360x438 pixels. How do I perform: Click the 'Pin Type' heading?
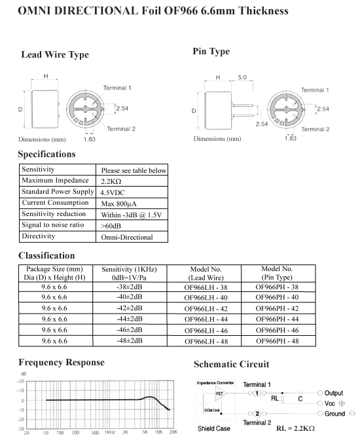(x=211, y=52)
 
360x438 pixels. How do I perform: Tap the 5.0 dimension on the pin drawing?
(x=242, y=77)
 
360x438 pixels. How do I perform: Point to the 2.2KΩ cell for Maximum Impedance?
(x=111, y=181)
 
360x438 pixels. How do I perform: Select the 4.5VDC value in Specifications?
(x=113, y=192)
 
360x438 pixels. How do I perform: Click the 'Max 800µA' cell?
(x=118, y=204)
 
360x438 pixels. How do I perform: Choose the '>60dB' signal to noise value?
(x=111, y=226)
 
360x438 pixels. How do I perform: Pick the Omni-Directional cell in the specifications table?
(x=127, y=237)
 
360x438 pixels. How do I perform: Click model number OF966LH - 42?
(x=206, y=308)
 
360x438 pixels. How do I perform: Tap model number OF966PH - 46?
(x=278, y=330)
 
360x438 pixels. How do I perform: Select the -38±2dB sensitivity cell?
(x=130, y=287)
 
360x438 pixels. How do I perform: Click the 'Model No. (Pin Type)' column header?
(x=277, y=273)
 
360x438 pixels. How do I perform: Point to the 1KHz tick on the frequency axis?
(x=110, y=432)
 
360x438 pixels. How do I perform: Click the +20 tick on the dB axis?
(x=20, y=381)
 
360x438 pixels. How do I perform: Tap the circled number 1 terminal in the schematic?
(x=257, y=393)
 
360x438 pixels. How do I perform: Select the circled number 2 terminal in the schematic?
(x=257, y=414)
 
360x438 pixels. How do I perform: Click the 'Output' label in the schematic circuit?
(x=333, y=393)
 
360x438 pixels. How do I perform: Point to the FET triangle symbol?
(x=221, y=393)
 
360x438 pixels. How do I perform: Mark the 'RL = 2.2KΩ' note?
(x=295, y=428)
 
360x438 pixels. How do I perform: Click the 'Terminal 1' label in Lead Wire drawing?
(x=117, y=88)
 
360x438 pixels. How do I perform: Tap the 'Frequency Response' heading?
(x=62, y=362)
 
